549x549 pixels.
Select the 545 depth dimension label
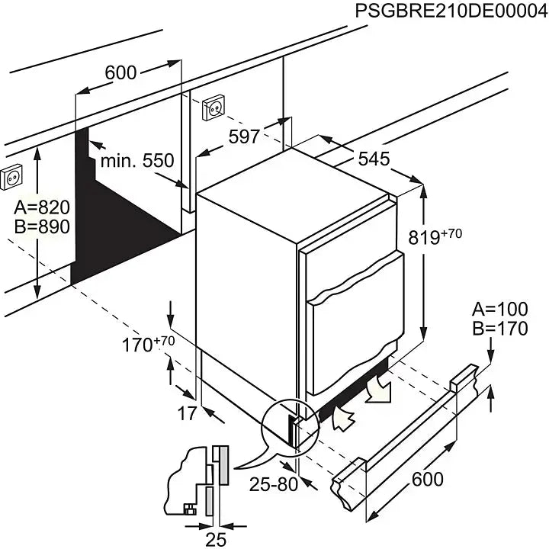pyautogui.click(x=374, y=159)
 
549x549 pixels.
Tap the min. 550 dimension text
pyautogui.click(x=138, y=161)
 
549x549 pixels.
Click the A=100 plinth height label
pyautogui.click(x=499, y=310)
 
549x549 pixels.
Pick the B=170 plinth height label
pyautogui.click(x=499, y=329)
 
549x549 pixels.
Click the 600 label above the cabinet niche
pyautogui.click(x=120, y=72)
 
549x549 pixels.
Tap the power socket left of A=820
pyautogui.click(x=11, y=178)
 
